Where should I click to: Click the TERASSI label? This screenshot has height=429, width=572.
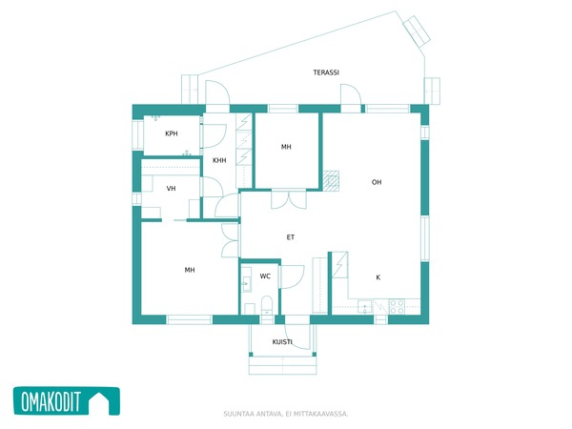click(326, 72)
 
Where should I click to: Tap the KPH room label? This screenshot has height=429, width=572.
click(172, 133)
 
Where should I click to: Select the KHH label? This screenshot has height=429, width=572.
click(219, 160)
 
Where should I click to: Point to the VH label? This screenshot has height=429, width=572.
click(171, 188)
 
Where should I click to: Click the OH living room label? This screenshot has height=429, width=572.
click(377, 182)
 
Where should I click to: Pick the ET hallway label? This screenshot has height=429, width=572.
click(291, 237)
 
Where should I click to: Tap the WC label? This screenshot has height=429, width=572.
click(265, 276)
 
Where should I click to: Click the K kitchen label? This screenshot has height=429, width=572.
click(378, 277)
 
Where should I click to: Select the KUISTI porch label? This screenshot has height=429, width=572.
click(282, 342)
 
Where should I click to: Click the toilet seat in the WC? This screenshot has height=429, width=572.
click(267, 305)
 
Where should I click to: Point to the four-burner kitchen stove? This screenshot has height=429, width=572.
click(397, 306)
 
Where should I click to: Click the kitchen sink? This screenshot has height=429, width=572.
click(365, 307)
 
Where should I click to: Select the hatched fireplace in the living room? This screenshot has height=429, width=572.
click(331, 181)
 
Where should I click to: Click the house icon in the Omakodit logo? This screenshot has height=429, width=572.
click(99, 401)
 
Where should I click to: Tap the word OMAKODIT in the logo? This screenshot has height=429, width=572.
click(51, 401)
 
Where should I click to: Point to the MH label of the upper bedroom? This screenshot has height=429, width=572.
click(286, 147)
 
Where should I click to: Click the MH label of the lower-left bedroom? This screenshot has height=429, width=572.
click(190, 270)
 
